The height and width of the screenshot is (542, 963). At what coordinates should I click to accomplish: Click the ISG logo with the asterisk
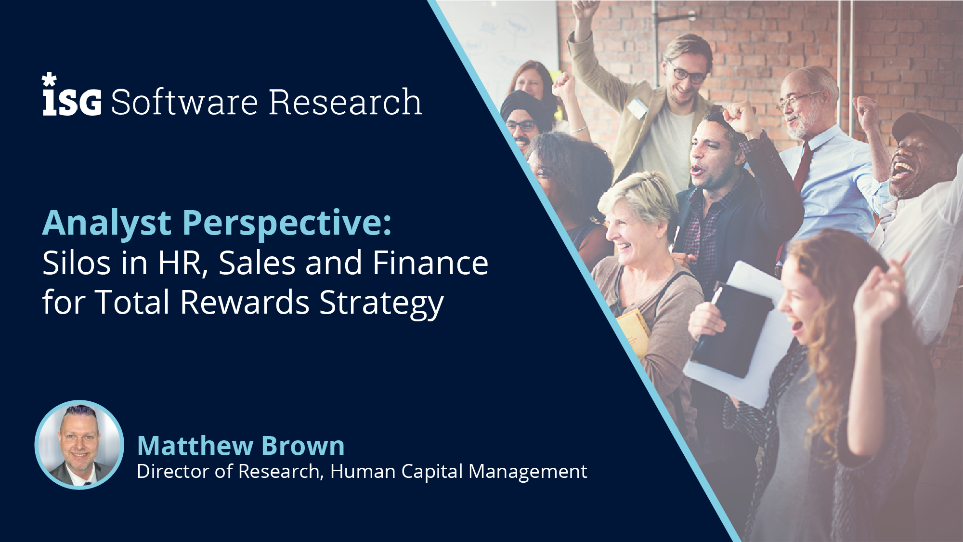(x=72, y=94)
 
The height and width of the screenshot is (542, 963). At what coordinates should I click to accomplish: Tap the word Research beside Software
(x=345, y=102)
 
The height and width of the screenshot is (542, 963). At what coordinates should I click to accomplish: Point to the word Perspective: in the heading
(x=287, y=224)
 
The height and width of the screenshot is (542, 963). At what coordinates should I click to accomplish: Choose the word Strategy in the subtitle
(x=381, y=304)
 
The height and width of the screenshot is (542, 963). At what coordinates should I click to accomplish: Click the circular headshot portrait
(x=79, y=445)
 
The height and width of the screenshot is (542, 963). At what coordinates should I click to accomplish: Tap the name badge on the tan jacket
(x=637, y=107)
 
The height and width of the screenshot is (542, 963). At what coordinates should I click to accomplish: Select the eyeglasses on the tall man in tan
(x=689, y=74)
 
